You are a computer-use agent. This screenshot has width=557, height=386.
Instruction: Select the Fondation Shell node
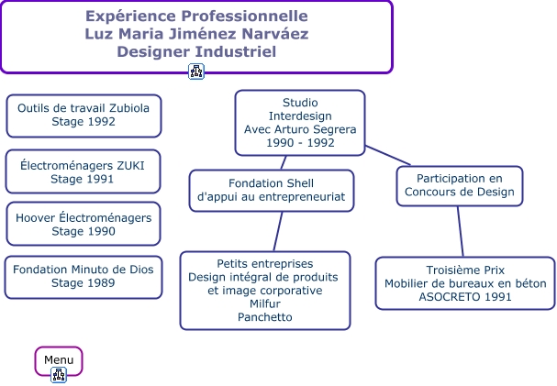[271, 190]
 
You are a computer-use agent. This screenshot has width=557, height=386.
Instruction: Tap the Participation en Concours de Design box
[460, 185]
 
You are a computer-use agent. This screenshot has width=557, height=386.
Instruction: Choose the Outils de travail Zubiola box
[84, 115]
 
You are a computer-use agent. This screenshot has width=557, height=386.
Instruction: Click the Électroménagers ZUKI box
[83, 171]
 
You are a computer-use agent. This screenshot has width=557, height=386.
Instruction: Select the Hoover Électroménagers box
[84, 224]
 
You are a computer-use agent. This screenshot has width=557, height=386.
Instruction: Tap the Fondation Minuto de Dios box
[84, 277]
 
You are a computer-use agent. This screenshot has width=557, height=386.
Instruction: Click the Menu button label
[59, 359]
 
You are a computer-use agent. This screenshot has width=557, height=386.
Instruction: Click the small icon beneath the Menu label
[59, 374]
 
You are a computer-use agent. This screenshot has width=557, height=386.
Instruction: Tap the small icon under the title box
[196, 72]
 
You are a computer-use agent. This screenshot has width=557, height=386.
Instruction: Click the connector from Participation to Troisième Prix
[461, 231]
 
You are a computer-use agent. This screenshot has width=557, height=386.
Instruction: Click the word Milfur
[264, 303]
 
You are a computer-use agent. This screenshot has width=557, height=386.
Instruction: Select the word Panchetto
[264, 317]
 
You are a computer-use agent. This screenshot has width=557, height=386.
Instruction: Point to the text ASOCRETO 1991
[465, 297]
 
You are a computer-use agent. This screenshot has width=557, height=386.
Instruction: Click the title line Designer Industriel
[196, 51]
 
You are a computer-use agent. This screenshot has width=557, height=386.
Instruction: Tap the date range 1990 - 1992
[299, 143]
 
